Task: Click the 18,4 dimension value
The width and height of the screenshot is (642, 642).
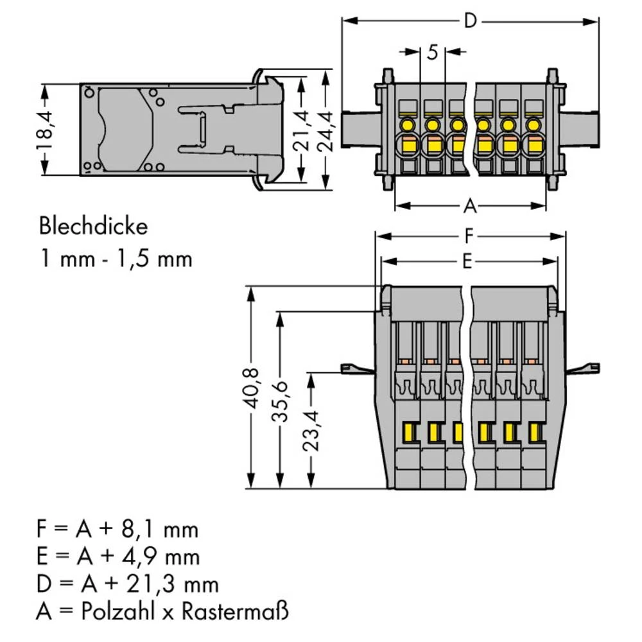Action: click(x=45, y=128)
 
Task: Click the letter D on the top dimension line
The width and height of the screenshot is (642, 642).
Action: click(x=471, y=21)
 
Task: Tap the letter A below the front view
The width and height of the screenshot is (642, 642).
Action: click(x=471, y=206)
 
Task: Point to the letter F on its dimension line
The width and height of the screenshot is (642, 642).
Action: click(x=470, y=237)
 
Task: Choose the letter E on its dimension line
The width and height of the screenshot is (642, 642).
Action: click(x=468, y=261)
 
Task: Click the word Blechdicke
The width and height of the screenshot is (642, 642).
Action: click(x=93, y=227)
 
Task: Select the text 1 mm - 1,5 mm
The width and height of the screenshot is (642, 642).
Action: click(x=116, y=259)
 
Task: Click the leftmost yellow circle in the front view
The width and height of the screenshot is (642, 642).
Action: click(x=406, y=124)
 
